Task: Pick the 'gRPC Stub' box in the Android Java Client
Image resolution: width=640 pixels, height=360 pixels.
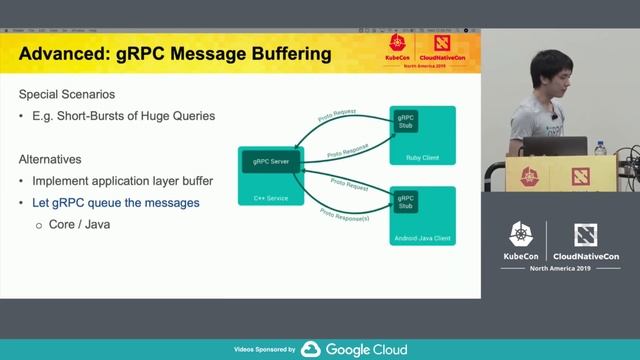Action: click(405, 203)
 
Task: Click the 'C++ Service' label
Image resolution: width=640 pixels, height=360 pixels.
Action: click(271, 198)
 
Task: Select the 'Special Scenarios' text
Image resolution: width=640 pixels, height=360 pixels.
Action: click(67, 95)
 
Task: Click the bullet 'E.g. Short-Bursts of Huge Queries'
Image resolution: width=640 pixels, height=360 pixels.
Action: click(123, 116)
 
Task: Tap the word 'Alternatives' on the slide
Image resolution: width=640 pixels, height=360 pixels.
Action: click(50, 159)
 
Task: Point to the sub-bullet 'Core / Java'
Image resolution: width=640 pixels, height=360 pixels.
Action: click(78, 225)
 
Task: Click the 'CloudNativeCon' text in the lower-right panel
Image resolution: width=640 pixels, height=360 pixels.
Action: click(587, 256)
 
